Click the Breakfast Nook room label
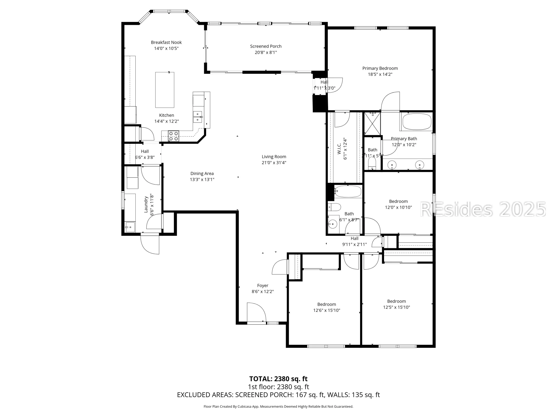coord(166,42)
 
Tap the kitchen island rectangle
coord(165,90)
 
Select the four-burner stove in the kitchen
coord(174,136)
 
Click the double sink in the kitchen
coord(197,117)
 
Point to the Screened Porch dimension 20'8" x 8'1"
coord(266,52)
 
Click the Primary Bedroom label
coord(380,68)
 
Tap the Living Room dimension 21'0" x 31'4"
coord(274,163)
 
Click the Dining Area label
coord(202,174)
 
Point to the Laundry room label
coord(146,205)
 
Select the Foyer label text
coord(263,286)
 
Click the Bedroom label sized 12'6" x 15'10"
coord(327,305)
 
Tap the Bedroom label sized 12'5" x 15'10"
coord(396,302)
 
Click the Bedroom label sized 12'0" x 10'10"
coord(398,201)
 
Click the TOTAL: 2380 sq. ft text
coord(278,379)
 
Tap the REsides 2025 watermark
coord(483,210)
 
